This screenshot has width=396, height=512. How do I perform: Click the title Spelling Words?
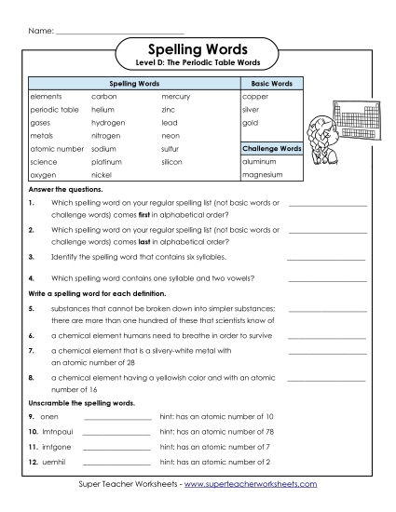198,47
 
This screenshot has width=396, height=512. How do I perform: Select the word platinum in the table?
107,161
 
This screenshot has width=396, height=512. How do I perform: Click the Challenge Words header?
271,148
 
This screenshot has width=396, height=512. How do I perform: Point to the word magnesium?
262,174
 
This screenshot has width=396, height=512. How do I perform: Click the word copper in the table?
255,96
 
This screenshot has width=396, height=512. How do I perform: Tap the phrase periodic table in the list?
53,109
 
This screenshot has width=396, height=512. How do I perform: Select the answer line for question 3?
326,258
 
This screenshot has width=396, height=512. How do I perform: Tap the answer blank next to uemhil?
116,463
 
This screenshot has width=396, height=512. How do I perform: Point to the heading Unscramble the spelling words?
81,402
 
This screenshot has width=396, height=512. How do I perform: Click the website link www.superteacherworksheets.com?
251,484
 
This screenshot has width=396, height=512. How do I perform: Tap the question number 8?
32,378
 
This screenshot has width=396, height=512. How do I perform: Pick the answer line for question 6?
326,335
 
